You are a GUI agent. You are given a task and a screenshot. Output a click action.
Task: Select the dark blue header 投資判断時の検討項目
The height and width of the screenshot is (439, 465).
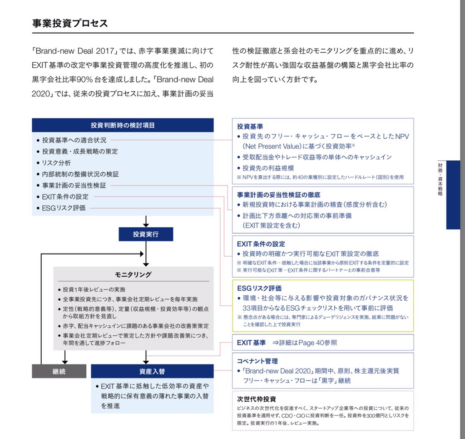(x=123, y=125)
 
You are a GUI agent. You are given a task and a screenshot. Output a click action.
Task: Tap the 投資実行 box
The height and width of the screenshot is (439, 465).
(x=146, y=234)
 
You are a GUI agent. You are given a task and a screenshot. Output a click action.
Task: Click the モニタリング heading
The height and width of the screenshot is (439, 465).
(x=133, y=275)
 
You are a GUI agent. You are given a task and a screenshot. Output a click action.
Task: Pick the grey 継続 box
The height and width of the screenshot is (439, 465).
(x=59, y=371)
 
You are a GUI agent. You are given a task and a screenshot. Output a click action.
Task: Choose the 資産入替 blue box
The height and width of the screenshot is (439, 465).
(x=152, y=371)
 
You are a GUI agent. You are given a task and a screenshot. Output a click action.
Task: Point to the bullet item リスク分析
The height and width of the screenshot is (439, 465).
(x=56, y=163)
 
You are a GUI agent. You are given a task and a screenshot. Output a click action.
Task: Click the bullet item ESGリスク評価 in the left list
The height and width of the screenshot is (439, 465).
(x=64, y=208)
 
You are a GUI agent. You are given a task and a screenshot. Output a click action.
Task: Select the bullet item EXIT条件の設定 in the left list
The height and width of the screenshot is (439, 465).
(x=65, y=197)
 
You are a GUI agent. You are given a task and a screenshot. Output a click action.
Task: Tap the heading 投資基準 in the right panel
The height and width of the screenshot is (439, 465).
(x=250, y=126)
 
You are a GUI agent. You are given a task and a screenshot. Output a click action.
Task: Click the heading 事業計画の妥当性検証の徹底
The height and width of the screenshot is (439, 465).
(x=282, y=195)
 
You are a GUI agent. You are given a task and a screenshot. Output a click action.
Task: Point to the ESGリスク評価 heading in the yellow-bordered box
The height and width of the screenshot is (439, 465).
(x=259, y=288)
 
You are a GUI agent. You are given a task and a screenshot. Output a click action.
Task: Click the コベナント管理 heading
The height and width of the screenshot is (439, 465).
(x=257, y=361)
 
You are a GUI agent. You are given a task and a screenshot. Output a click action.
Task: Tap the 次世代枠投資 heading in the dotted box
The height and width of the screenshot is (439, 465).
(x=257, y=399)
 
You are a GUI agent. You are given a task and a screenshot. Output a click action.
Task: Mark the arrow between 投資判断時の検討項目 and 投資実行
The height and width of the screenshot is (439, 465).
(x=146, y=221)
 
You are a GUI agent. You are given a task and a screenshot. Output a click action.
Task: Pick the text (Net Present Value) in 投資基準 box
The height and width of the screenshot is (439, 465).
(x=273, y=146)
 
